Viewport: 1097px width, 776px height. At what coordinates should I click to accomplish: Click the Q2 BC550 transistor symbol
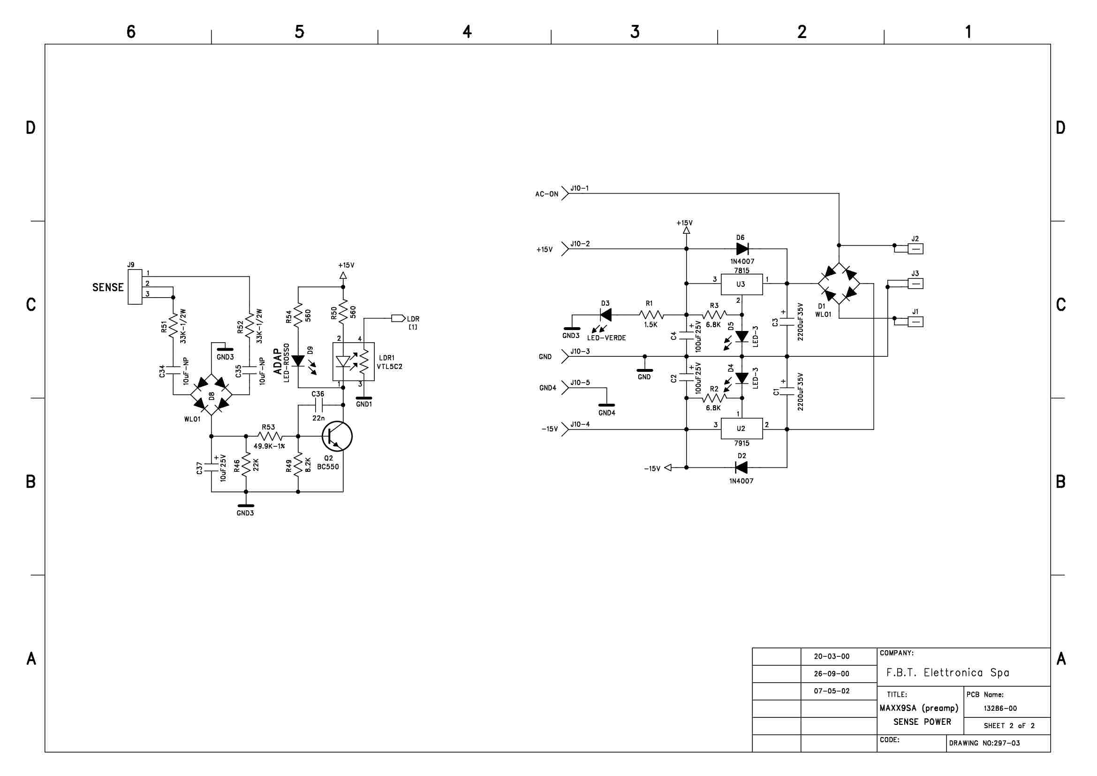(337, 436)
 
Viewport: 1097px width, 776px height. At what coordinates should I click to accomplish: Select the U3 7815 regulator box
(741, 284)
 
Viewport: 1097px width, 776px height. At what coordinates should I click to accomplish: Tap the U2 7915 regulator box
(741, 429)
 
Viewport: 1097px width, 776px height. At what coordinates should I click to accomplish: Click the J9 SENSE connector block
(135, 287)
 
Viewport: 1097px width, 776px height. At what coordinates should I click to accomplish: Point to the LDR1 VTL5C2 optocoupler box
(354, 361)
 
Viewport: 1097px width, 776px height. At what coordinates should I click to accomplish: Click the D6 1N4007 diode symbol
(742, 249)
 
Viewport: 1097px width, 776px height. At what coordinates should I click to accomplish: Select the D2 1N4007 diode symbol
(741, 467)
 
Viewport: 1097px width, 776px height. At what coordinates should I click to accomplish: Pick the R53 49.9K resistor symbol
(270, 436)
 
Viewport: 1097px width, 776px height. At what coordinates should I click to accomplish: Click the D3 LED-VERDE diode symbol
(605, 315)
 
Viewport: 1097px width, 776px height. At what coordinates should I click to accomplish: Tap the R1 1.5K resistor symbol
(651, 315)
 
